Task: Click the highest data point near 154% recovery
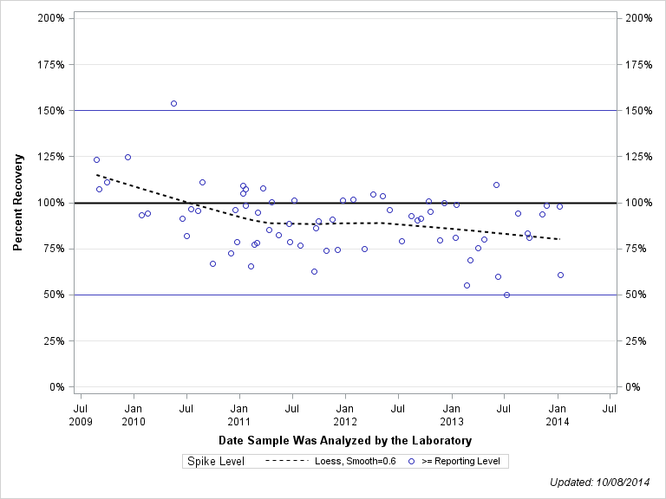[x=173, y=103]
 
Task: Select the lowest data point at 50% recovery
[x=506, y=295]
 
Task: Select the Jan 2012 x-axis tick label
[x=344, y=412]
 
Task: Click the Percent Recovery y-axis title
[x=18, y=203]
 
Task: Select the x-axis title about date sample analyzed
[x=345, y=441]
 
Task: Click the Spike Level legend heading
[x=216, y=462]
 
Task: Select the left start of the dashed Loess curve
[x=96, y=175]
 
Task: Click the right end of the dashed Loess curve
[x=560, y=239]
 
